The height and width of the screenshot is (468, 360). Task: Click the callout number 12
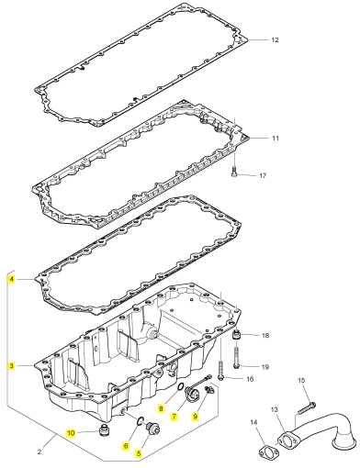[275, 39]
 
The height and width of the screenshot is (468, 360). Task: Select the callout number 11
[276, 139]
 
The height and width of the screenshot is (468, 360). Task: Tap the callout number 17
[263, 176]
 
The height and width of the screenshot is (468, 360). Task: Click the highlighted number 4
[11, 279]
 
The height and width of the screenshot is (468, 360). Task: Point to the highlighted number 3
[11, 365]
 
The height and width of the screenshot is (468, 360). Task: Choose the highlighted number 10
[71, 433]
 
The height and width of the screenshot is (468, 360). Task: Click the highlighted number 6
[126, 446]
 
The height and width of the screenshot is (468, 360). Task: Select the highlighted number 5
[139, 453]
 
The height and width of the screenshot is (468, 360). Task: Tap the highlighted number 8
[162, 408]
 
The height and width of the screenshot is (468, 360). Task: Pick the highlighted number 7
[174, 417]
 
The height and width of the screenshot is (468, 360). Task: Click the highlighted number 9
[196, 416]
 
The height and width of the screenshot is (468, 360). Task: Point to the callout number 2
[39, 451]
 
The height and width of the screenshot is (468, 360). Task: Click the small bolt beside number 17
[234, 172]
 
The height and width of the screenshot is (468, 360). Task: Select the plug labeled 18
[237, 335]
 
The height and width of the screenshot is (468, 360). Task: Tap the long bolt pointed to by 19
[236, 357]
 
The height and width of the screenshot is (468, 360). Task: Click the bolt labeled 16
[220, 371]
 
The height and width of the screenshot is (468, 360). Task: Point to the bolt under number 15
[307, 408]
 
